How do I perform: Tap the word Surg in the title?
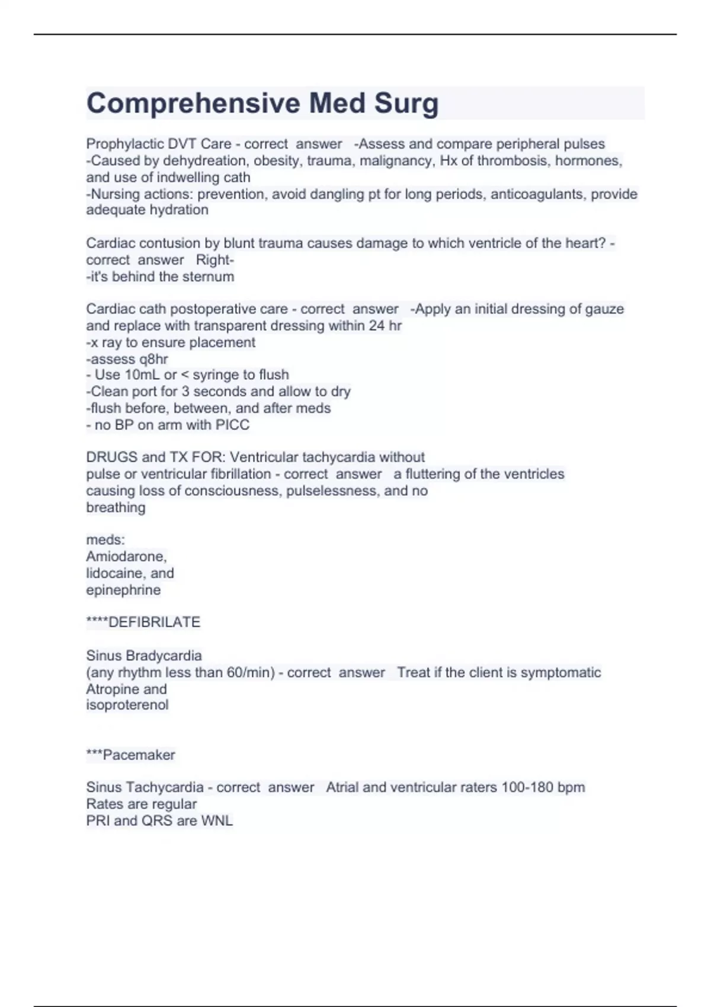(x=406, y=103)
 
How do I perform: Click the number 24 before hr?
(x=376, y=326)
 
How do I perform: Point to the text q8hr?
(x=153, y=359)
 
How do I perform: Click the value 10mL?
(x=142, y=375)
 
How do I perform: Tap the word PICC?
(x=233, y=425)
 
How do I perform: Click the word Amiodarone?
(x=126, y=557)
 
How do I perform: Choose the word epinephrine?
(x=123, y=590)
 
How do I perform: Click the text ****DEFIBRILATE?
(x=143, y=622)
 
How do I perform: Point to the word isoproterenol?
(x=127, y=705)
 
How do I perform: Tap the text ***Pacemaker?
(x=130, y=755)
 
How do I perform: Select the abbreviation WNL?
(x=217, y=820)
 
